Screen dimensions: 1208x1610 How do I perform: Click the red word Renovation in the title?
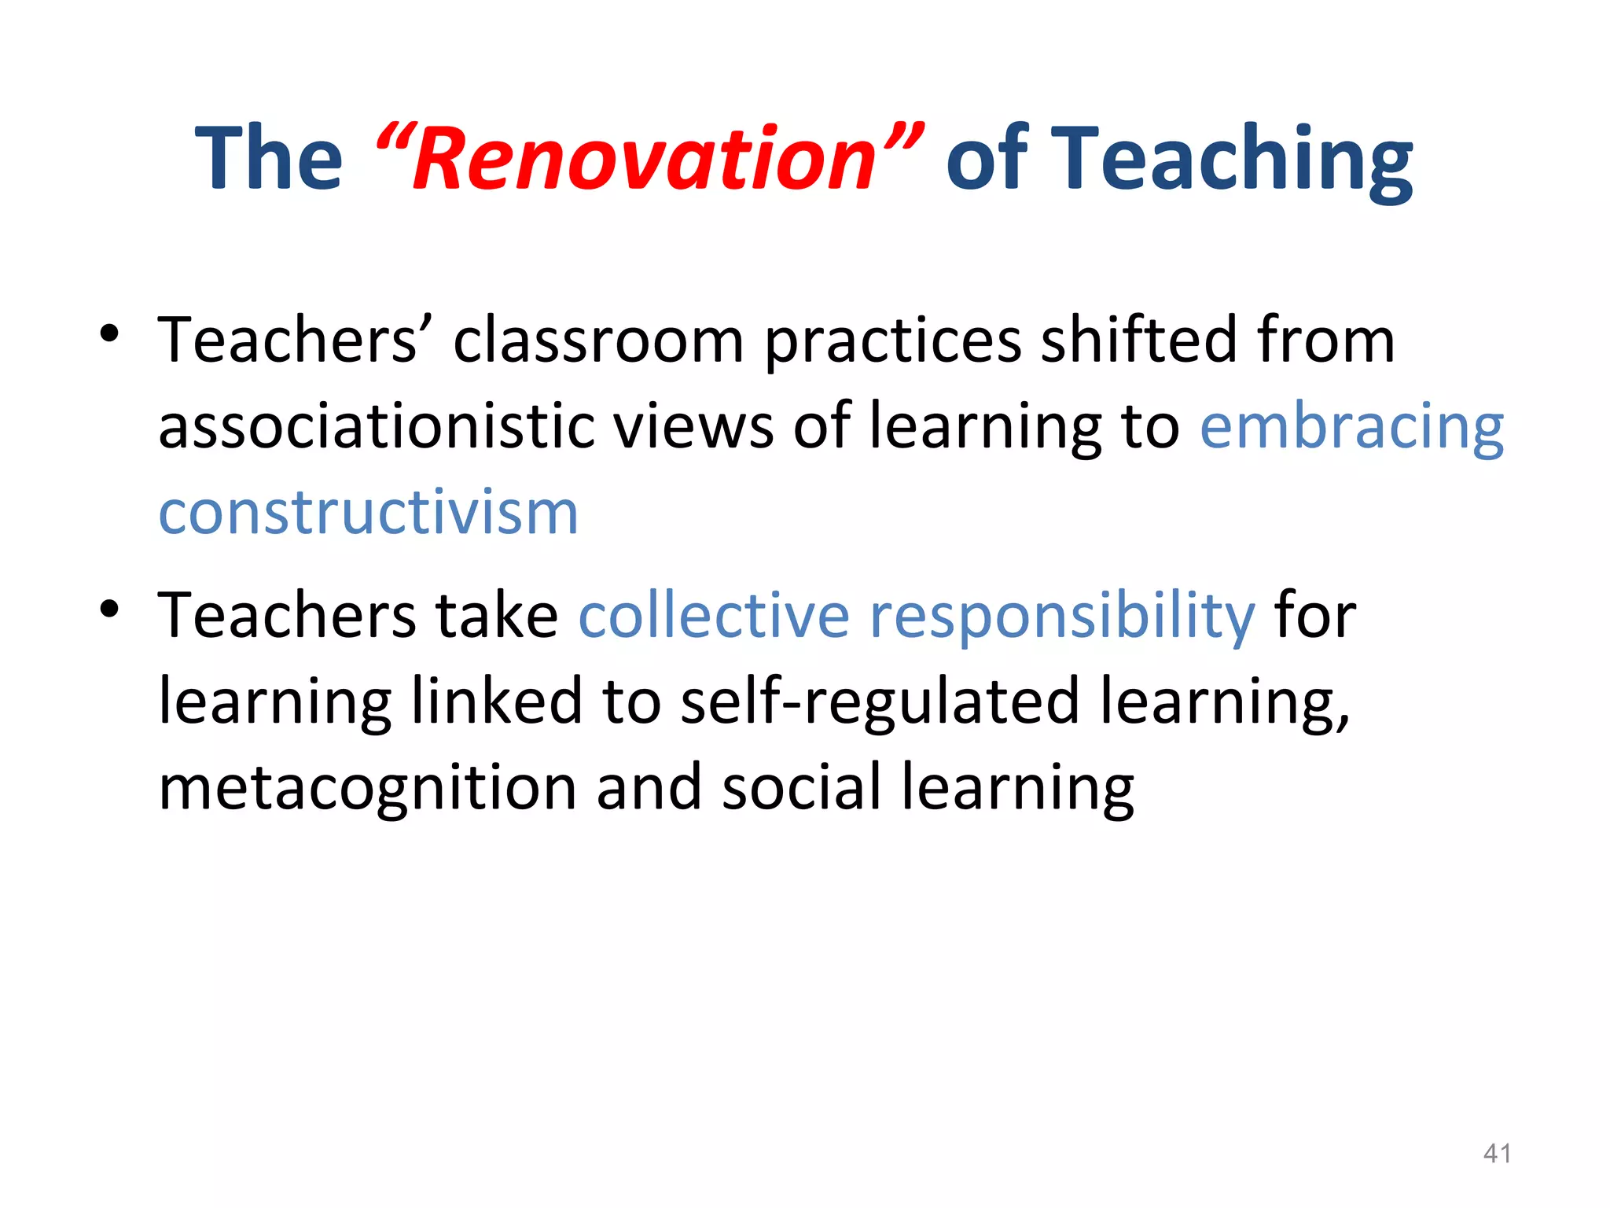point(645,160)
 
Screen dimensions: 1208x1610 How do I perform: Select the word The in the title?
point(269,160)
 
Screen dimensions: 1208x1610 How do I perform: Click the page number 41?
point(1496,1153)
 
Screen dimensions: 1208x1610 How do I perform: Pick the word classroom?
point(598,341)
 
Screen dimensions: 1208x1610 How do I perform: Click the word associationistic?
point(376,427)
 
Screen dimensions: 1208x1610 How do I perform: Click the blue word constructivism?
point(369,513)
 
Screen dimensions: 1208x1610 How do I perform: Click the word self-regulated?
point(880,702)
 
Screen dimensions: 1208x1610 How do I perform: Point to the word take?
point(497,615)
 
